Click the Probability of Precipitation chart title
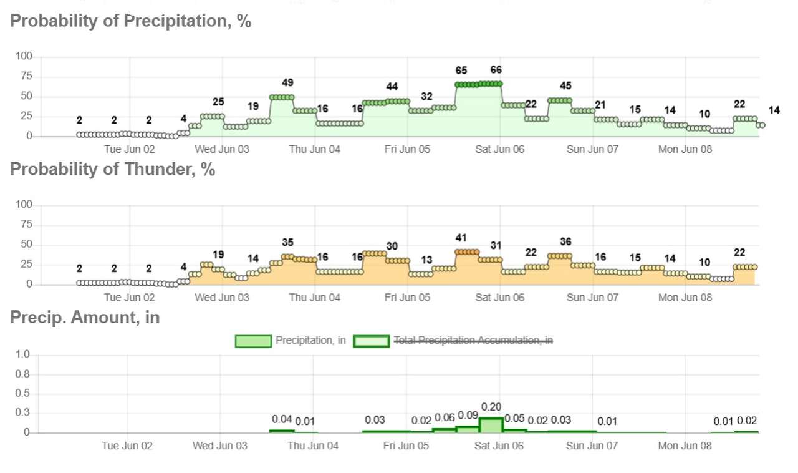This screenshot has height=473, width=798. point(130,21)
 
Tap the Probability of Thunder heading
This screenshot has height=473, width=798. point(113,169)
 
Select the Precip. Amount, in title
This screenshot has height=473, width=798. point(85,318)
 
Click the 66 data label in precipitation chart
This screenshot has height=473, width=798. point(496,69)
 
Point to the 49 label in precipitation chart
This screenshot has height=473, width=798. point(287,83)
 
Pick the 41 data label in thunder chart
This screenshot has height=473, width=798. point(461,238)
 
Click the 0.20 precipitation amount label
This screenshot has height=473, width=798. point(491,407)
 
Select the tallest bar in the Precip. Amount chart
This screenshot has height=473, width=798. point(491,425)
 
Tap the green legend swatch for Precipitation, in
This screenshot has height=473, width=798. point(253,341)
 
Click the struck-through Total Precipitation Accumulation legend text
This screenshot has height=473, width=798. point(473,340)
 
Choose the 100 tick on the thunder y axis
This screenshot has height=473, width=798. point(24,205)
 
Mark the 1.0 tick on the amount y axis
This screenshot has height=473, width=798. point(22,354)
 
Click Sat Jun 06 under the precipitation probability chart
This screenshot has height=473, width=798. point(499,149)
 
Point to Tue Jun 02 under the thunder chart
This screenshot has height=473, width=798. point(129,298)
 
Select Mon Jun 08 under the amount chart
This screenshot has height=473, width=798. point(685,446)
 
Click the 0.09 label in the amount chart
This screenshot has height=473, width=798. point(468,416)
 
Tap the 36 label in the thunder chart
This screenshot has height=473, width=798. point(565,241)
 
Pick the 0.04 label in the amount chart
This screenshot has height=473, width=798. point(282,419)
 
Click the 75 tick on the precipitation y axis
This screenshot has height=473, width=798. point(26,76)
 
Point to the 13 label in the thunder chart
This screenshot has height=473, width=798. point(426,260)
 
